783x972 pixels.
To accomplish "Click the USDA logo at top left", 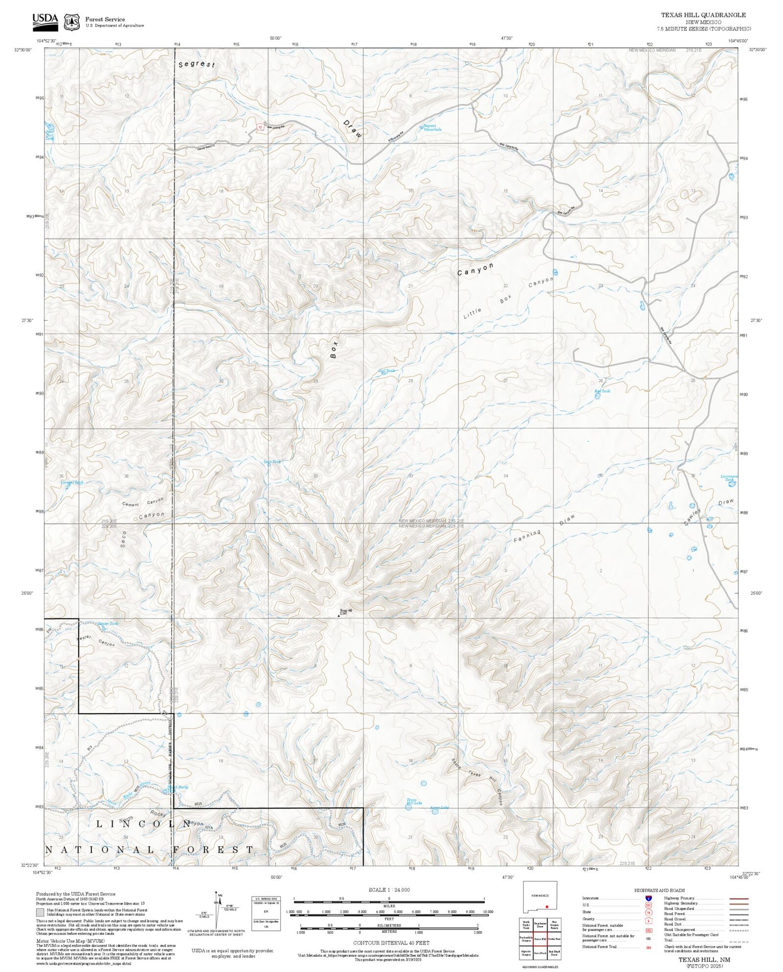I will [45, 19].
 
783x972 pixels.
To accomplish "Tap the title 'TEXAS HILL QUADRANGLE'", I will [704, 15].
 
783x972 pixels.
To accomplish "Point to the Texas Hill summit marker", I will [339, 615].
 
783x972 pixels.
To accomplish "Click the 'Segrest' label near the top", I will [196, 65].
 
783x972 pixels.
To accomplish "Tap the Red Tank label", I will [602, 391].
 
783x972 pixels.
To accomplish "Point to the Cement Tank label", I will [72, 482].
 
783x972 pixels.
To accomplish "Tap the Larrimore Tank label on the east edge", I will [729, 478].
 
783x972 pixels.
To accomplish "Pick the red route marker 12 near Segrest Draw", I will [260, 127].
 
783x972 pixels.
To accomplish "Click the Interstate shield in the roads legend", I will [648, 898].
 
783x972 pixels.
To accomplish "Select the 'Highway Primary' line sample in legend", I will [737, 898].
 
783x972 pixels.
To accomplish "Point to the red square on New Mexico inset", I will [546, 907].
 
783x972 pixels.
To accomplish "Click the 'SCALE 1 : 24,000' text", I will [389, 890].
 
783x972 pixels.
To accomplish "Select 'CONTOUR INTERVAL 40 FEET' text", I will [391, 943].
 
